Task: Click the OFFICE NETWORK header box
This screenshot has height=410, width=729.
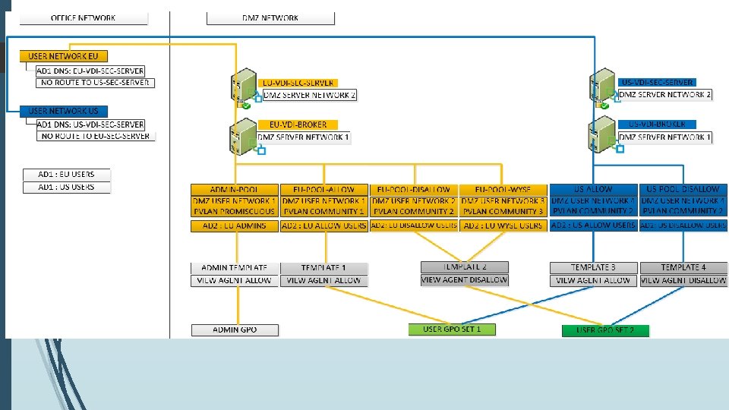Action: (83, 17)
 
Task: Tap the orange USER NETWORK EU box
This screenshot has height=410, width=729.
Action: (64, 56)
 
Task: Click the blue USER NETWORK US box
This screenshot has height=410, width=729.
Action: (64, 111)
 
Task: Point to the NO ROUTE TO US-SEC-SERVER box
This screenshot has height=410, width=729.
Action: (95, 82)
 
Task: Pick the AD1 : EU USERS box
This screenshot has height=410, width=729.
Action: (67, 175)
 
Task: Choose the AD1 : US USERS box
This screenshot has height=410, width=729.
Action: (67, 187)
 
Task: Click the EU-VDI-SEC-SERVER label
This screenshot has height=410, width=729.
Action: (298, 83)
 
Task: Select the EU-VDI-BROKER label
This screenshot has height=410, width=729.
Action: (298, 125)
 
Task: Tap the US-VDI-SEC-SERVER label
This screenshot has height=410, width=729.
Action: (657, 82)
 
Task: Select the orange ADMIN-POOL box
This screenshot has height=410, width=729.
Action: (234, 189)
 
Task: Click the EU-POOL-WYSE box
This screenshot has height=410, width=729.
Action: (503, 189)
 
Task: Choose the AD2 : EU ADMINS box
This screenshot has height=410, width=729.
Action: (234, 226)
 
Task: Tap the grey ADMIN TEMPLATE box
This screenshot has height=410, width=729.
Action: (234, 268)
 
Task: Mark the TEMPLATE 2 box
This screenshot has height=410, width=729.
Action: (465, 267)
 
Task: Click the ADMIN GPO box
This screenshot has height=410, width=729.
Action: (235, 330)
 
